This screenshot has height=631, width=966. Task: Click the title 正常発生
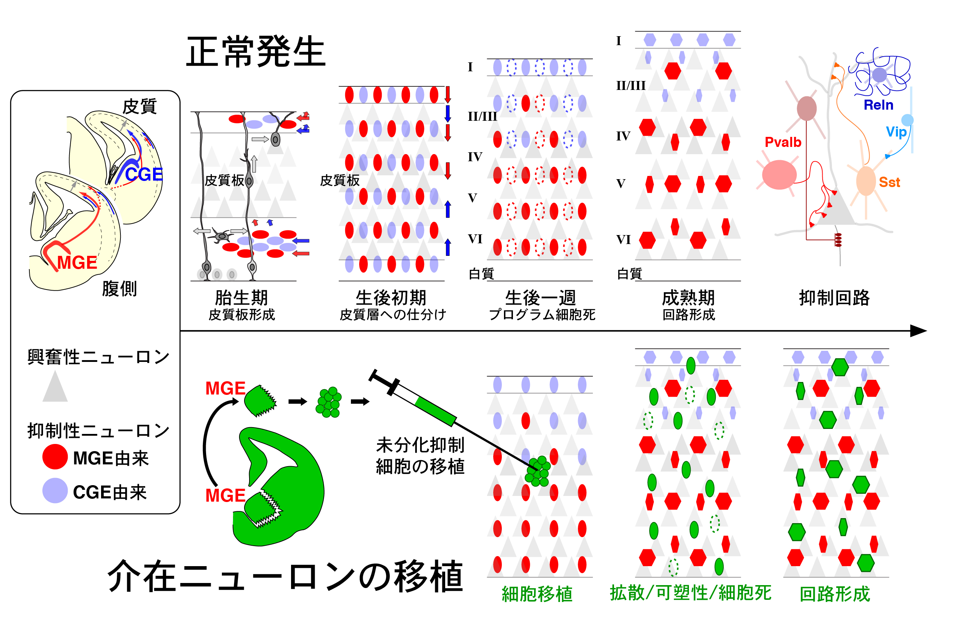click(256, 52)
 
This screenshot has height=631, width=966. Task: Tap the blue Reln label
click(878, 105)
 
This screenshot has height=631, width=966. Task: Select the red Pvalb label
click(782, 142)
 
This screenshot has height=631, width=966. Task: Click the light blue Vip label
click(896, 132)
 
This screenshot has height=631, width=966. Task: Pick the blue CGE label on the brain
click(144, 175)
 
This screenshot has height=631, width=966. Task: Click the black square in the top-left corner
click(25, 43)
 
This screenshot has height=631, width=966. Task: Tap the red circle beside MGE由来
click(55, 457)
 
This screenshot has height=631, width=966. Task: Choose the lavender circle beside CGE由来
click(55, 491)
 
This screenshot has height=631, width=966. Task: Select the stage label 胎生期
click(242, 298)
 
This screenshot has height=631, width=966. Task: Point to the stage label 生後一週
click(541, 298)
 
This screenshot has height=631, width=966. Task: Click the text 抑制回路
click(834, 298)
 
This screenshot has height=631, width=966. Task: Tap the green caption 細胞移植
click(537, 594)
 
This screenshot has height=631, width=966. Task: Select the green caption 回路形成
click(835, 594)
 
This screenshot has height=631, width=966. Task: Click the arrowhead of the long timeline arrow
click(918, 331)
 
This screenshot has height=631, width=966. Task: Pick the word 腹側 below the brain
click(119, 289)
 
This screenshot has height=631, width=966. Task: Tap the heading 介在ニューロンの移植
click(285, 577)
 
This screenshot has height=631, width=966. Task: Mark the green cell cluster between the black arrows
click(329, 402)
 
